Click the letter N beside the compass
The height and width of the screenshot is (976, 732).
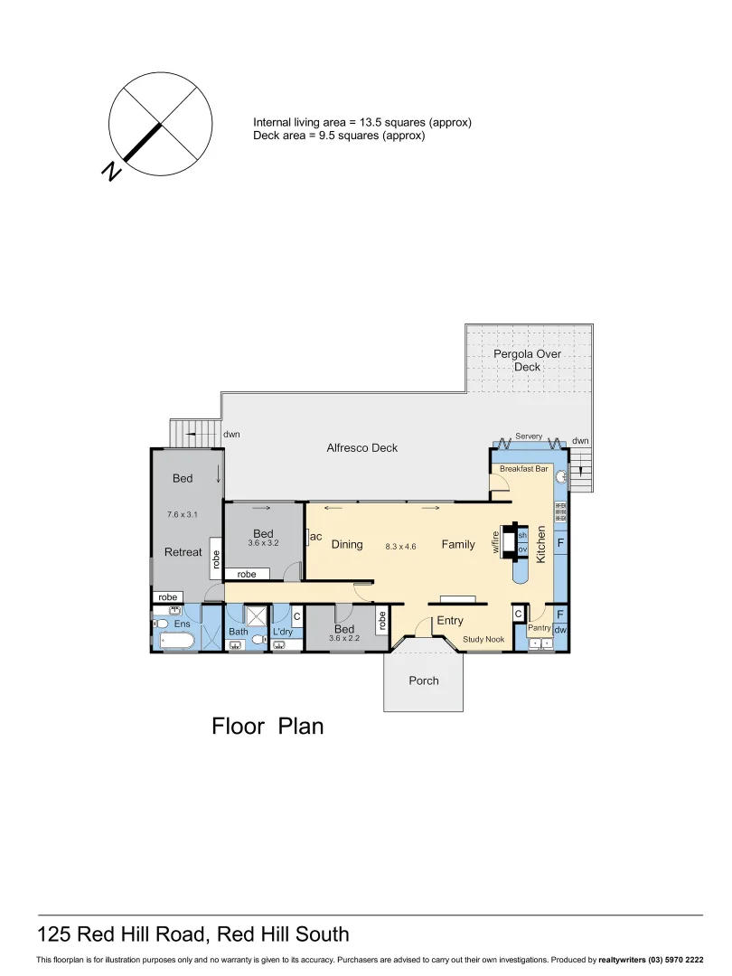[112, 171]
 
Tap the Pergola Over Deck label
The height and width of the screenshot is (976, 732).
[527, 361]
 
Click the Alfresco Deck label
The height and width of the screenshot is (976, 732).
[361, 448]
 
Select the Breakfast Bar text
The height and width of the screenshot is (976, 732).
[524, 469]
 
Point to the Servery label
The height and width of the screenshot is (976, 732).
[529, 436]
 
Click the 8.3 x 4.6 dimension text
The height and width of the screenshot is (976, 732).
[400, 546]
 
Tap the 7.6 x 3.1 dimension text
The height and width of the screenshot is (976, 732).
[182, 515]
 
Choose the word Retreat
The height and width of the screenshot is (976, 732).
[183, 551]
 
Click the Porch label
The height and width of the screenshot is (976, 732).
[423, 680]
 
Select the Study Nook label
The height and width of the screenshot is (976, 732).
[483, 640]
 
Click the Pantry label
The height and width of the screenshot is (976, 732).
[540, 627]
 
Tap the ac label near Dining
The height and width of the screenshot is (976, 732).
[316, 537]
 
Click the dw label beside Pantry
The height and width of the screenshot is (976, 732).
[560, 629]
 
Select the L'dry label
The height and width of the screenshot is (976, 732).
[283, 632]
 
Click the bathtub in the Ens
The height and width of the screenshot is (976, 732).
[176, 641]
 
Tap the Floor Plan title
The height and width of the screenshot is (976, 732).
[267, 726]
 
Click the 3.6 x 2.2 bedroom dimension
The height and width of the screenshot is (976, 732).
[344, 639]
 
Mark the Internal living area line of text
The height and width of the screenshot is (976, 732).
[362, 122]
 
